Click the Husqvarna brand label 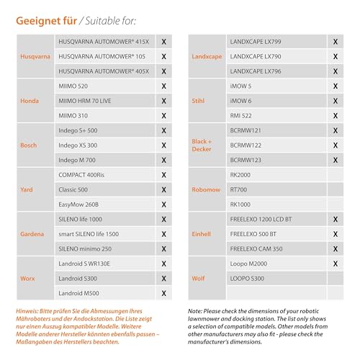pyautogui.click(x=35, y=56)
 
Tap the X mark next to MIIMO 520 pyautogui.click(x=164, y=86)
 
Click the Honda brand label pyautogui.click(x=29, y=101)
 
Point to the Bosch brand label pyautogui.click(x=29, y=145)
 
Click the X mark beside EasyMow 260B pyautogui.click(x=164, y=204)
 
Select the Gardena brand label pyautogui.click(x=32, y=234)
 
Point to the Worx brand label pyautogui.click(x=28, y=279)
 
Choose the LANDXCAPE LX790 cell pyautogui.click(x=256, y=56)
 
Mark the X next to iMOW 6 pyautogui.click(x=335, y=101)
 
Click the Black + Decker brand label pyautogui.click(x=201, y=145)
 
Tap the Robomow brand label pyautogui.click(x=207, y=190)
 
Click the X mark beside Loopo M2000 pyautogui.click(x=335, y=264)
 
